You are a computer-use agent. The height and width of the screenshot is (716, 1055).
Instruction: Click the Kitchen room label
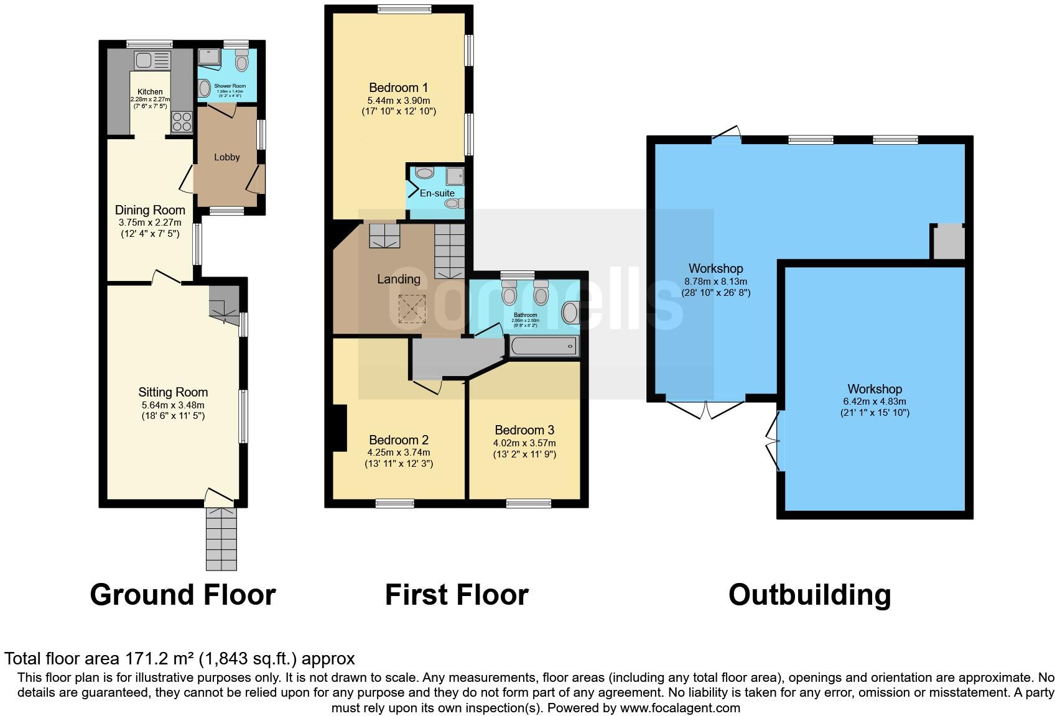tap(150, 91)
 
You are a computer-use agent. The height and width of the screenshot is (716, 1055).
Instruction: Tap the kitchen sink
tap(152, 60)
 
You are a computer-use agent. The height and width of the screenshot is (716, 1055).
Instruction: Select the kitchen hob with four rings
tap(181, 121)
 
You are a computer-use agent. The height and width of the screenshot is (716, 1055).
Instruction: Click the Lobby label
tap(226, 157)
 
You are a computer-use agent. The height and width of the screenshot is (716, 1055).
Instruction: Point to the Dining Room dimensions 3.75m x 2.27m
tap(150, 223)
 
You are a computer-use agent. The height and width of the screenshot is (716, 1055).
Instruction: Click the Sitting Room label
tap(173, 392)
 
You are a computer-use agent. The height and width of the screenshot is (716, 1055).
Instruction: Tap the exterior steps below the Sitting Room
tap(221, 538)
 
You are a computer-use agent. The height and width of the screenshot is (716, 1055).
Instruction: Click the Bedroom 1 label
tap(398, 88)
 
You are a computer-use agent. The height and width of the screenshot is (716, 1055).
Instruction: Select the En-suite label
tap(437, 193)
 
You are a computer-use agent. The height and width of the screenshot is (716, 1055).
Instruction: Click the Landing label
tap(399, 279)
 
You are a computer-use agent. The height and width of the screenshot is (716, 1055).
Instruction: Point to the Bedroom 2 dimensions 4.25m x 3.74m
tap(399, 452)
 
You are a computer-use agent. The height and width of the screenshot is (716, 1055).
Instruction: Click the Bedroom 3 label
tap(524, 430)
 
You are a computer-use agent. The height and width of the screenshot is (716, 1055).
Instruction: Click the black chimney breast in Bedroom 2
tap(340, 428)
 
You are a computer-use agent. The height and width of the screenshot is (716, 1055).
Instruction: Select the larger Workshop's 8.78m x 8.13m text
tap(715, 282)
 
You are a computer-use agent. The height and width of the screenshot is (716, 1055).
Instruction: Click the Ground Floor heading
tap(183, 595)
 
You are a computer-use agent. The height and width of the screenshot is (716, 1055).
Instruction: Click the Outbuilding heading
tap(809, 595)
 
